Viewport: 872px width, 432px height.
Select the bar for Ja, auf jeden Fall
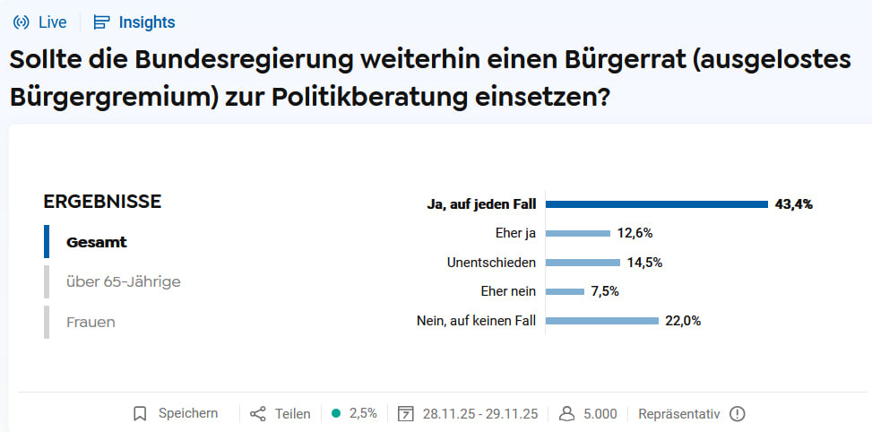(657, 204)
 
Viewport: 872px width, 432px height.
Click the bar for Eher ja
(577, 233)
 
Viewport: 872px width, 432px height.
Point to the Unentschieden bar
(583, 263)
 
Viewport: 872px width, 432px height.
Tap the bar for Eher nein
(565, 291)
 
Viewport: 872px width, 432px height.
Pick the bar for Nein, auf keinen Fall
(602, 321)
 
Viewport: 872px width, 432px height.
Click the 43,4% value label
(794, 204)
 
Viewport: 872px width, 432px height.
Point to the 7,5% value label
(605, 291)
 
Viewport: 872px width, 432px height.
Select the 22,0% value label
(683, 321)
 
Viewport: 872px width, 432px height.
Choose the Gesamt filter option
(97, 242)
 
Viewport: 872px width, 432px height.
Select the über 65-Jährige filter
(124, 281)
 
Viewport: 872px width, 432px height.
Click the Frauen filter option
(91, 322)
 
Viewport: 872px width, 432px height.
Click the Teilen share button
(281, 413)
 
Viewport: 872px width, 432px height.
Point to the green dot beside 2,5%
(336, 413)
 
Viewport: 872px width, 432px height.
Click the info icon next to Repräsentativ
(738, 413)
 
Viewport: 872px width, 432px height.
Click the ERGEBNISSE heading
(102, 202)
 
